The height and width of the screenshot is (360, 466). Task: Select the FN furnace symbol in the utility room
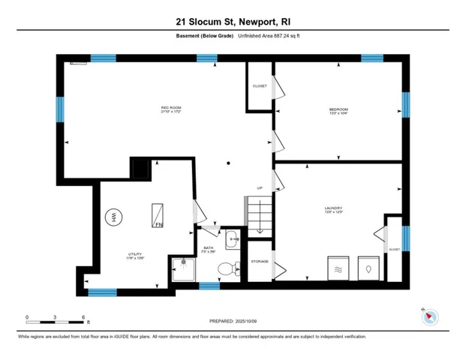pyautogui.click(x=158, y=214)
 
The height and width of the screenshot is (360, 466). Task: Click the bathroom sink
pyautogui.click(x=232, y=241)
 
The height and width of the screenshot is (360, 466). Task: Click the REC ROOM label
pyautogui.click(x=171, y=109)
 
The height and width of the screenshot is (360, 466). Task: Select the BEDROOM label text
pyautogui.click(x=338, y=109)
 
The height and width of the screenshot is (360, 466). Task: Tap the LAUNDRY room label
pyautogui.click(x=334, y=208)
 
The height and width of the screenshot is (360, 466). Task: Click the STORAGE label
pyautogui.click(x=260, y=262)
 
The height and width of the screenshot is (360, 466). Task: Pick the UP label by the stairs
pyautogui.click(x=260, y=188)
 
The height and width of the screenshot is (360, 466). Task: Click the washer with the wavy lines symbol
pyautogui.click(x=338, y=267)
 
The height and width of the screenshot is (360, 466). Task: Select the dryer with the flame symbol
pyautogui.click(x=367, y=267)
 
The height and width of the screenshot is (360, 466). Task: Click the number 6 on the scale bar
pyautogui.click(x=83, y=317)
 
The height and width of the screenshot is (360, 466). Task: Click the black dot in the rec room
pyautogui.click(x=230, y=163)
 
